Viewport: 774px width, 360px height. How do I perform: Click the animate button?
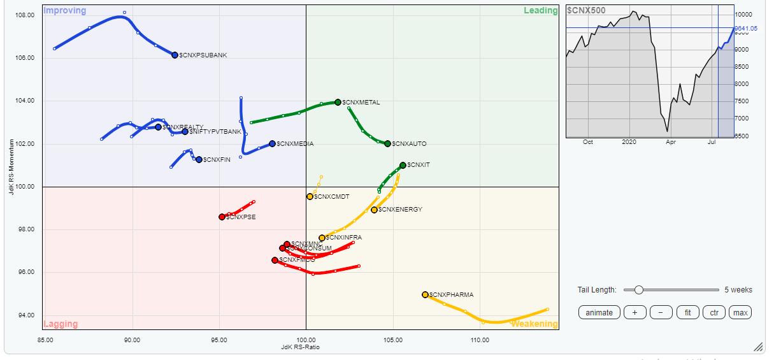599,312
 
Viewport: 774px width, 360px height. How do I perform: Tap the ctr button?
713,312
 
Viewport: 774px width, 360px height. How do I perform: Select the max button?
740,312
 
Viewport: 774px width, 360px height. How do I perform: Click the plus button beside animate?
634,312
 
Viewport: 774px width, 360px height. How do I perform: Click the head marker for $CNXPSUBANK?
175,55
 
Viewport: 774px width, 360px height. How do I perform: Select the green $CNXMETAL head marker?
338,102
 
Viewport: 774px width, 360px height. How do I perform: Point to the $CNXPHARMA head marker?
425,294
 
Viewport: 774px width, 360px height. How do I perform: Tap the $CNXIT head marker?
403,165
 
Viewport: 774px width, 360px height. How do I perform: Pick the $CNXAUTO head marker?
387,143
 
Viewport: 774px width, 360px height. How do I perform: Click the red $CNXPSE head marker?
222,217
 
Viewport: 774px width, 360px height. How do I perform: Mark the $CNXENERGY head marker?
374,210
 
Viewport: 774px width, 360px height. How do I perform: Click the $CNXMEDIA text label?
295,144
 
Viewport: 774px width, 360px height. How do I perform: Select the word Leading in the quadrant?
540,10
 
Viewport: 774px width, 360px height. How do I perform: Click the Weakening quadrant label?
534,324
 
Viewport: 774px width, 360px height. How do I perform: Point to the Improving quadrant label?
64,11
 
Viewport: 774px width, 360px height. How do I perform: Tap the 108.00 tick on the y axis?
25,15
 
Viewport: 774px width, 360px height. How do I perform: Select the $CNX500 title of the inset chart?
586,10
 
